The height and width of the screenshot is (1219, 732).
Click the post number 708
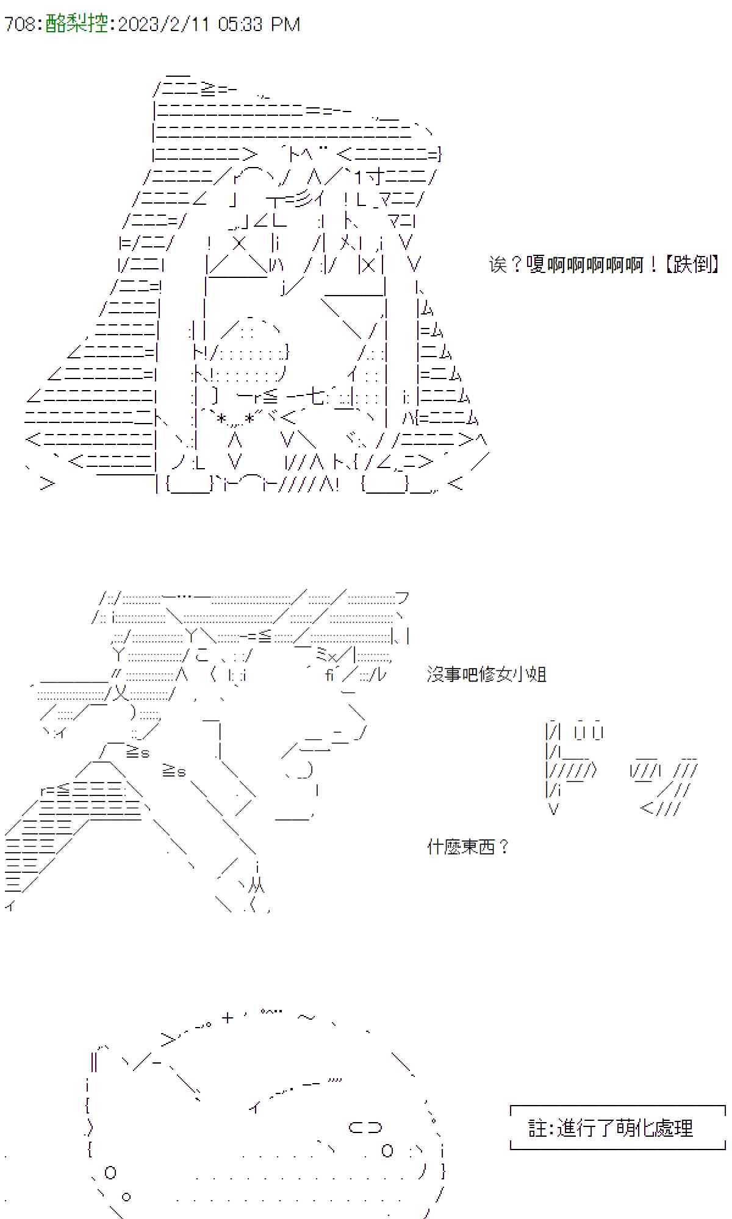tap(20, 24)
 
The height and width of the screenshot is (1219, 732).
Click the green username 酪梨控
tap(77, 24)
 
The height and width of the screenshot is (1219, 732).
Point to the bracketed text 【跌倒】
tap(691, 264)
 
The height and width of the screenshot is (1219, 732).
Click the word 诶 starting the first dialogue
tap(498, 264)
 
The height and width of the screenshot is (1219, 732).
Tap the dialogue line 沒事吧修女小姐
tap(487, 675)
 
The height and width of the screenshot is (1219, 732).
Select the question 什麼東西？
tap(468, 847)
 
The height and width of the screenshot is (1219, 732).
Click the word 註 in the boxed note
tap(538, 1128)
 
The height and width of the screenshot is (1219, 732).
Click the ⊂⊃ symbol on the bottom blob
tap(365, 1128)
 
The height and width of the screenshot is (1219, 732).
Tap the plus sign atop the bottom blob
tap(228, 1017)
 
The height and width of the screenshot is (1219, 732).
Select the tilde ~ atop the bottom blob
tap(307, 1017)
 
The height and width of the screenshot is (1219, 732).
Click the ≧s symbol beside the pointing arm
tap(174, 771)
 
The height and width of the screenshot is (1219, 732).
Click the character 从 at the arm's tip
tap(257, 886)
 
